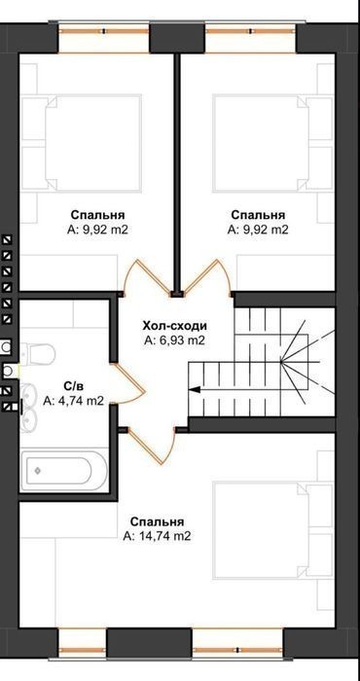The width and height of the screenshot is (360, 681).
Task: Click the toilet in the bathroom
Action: (38, 353)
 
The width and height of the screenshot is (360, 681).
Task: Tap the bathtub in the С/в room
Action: (64, 471)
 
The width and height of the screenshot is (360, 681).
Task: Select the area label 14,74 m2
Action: (157, 536)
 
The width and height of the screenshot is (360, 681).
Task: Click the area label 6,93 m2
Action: (174, 340)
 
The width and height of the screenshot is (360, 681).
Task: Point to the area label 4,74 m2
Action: (73, 401)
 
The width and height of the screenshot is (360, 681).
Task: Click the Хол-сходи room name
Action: (175, 325)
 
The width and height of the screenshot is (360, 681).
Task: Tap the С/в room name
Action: (73, 385)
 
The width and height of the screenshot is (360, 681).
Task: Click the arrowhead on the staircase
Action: (195, 389)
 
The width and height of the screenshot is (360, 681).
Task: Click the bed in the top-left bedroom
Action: (93, 143)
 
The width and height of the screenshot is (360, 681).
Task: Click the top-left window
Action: (104, 38)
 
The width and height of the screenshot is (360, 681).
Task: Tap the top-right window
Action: (251, 38)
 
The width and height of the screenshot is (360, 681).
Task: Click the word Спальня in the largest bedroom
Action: (158, 521)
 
